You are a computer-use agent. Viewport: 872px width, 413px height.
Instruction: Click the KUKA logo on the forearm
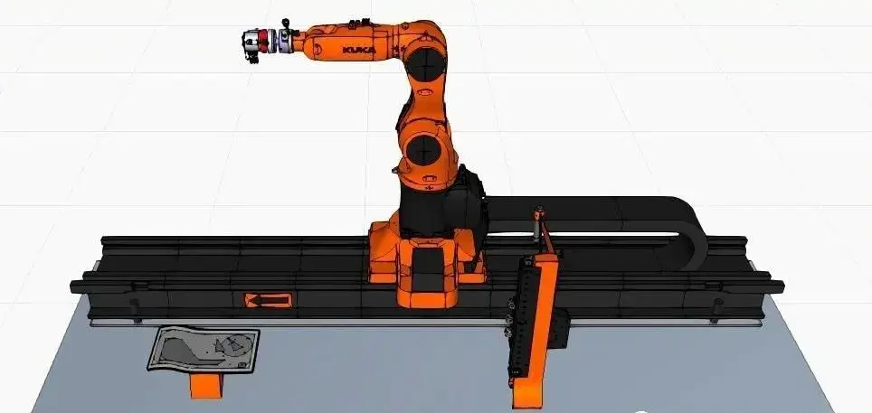coord(359,50)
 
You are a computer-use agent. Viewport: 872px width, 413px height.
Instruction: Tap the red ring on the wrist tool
coord(263,42)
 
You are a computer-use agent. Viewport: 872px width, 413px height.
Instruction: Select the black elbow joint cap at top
coord(425,64)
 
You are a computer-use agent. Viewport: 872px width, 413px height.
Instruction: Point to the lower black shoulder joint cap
coord(423,148)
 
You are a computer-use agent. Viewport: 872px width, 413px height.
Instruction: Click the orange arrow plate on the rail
coord(268,301)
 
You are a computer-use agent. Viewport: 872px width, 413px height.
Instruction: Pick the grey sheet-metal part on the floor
coord(204,349)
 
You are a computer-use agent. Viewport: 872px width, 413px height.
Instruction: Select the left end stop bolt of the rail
coord(135,309)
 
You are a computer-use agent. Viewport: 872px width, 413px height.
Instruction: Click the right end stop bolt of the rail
coord(717,310)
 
